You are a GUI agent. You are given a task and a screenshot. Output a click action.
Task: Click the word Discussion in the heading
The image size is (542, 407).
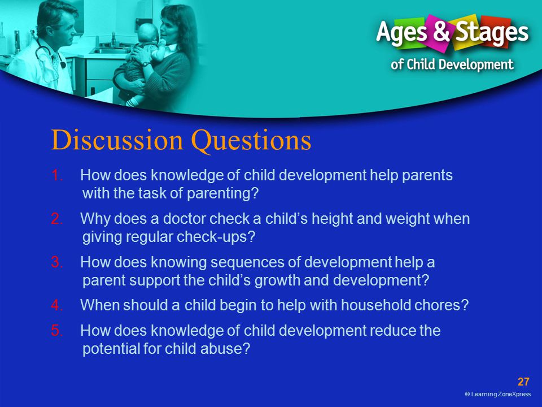117,140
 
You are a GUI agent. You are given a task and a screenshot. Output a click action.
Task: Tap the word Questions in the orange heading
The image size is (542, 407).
251,141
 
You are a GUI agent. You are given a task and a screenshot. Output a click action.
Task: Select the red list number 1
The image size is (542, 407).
57,175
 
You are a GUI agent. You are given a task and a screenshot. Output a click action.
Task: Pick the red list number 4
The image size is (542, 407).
57,305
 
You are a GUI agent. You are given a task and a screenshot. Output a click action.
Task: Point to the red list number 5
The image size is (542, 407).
57,331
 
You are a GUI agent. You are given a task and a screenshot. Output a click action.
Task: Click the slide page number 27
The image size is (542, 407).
523,382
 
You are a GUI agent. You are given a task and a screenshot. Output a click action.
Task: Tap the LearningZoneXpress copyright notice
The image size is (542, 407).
498,394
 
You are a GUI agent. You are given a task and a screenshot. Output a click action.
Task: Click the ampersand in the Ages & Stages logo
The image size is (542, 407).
441,31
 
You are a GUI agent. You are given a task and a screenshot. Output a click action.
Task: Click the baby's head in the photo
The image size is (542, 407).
147,33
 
